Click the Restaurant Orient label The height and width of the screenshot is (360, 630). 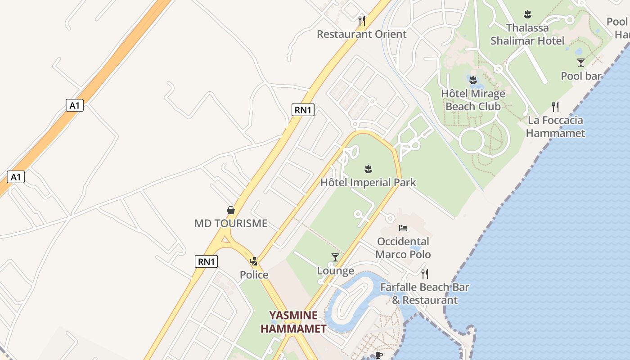pyautogui.click(x=361, y=34)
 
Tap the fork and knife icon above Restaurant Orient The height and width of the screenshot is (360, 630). pyautogui.click(x=361, y=20)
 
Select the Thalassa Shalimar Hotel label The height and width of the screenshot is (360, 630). pyautogui.click(x=527, y=34)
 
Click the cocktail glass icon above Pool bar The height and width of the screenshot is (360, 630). pyautogui.click(x=581, y=63)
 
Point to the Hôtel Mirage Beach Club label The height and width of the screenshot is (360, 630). pyautogui.click(x=473, y=100)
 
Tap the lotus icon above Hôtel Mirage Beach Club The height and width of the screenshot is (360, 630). pyautogui.click(x=473, y=81)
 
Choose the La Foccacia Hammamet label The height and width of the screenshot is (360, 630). pyautogui.click(x=555, y=126)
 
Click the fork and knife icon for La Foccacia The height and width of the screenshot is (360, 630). pyautogui.click(x=555, y=107)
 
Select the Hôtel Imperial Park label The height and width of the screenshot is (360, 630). pyautogui.click(x=368, y=182)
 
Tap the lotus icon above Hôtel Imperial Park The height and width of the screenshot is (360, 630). pyautogui.click(x=369, y=169)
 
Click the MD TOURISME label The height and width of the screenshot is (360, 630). pyautogui.click(x=231, y=223)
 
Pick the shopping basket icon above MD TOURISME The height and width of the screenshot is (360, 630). pyautogui.click(x=231, y=210)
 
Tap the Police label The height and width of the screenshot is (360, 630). pyautogui.click(x=254, y=274)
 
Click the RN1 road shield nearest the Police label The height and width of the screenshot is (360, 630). pyautogui.click(x=207, y=261)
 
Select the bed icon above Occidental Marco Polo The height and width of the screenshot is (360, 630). pyautogui.click(x=403, y=228)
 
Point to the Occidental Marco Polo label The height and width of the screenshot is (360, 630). pyautogui.click(x=403, y=248)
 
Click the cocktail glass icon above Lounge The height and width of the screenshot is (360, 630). pyautogui.click(x=335, y=257)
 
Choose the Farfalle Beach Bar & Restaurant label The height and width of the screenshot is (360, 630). pyautogui.click(x=425, y=293)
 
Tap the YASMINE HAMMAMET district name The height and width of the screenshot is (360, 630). pyautogui.click(x=293, y=322)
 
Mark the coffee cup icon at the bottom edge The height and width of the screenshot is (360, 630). pyautogui.click(x=379, y=355)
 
